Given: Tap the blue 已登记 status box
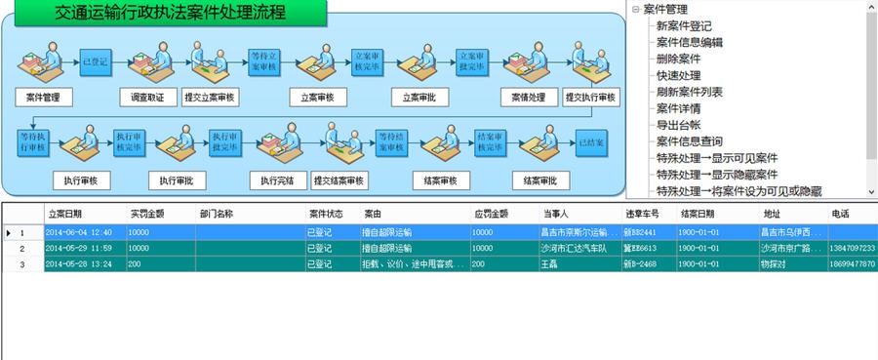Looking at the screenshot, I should click(x=95, y=62).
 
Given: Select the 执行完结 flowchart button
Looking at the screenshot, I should click(x=271, y=180).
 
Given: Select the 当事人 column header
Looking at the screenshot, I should click(x=556, y=214).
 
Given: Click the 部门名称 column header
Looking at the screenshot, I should click(x=216, y=214).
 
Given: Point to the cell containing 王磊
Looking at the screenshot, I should click(x=551, y=264).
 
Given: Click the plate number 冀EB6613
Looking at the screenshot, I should click(x=640, y=249).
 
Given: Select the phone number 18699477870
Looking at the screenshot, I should click(x=852, y=264).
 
